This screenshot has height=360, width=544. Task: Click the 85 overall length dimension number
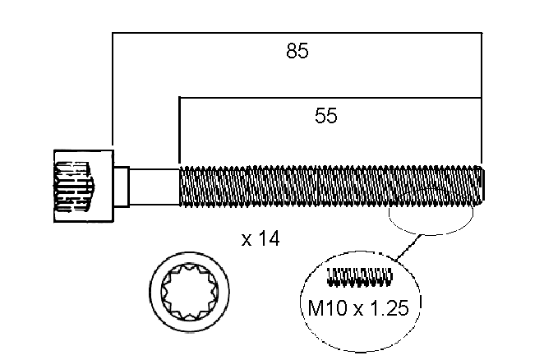[297, 51]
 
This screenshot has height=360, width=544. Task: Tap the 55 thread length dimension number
[325, 116]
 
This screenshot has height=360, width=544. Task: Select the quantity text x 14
[260, 239]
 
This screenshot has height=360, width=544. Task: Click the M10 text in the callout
[328, 308]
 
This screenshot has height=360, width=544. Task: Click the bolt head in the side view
[84, 186]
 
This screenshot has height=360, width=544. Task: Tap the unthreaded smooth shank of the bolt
[154, 187]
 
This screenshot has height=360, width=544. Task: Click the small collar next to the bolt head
[122, 187]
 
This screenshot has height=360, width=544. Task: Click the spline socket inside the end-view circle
[190, 292]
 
